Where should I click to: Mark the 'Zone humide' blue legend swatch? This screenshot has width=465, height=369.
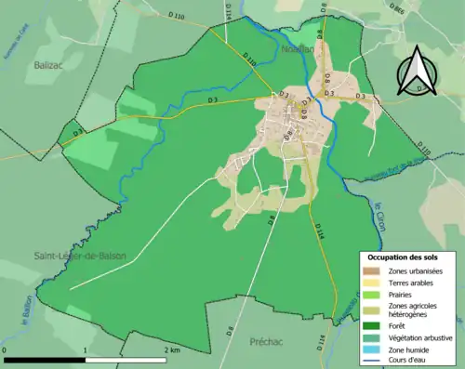click(372, 349)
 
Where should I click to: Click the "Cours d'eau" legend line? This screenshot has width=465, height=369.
click(372, 361)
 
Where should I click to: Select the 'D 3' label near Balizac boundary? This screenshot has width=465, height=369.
click(212, 99)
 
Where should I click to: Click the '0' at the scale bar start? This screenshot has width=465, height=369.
click(7, 350)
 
